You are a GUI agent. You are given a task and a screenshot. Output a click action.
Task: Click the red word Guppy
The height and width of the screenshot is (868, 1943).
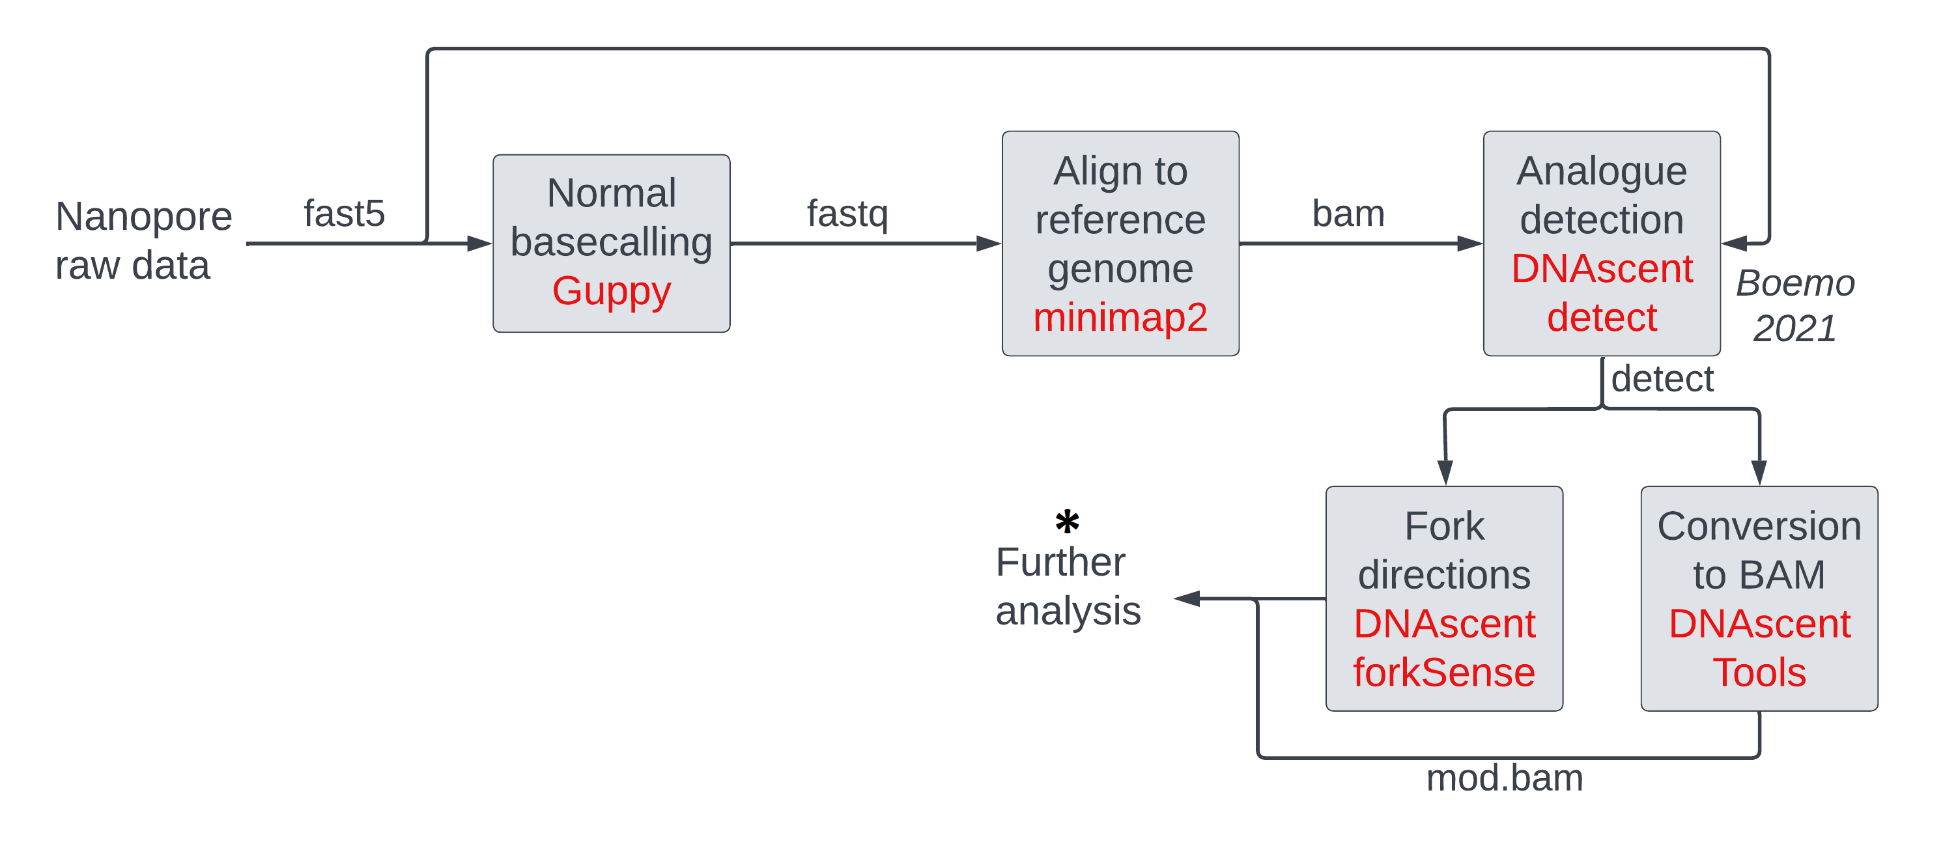click(611, 291)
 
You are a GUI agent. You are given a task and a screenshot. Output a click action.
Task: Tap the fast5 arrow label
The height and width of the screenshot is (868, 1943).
click(344, 214)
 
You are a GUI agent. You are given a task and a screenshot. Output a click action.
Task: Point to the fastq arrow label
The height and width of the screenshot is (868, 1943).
click(847, 214)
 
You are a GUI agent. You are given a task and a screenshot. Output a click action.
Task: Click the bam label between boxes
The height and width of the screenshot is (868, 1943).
click(1348, 214)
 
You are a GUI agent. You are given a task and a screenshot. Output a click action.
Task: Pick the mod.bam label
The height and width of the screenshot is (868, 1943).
click(1504, 777)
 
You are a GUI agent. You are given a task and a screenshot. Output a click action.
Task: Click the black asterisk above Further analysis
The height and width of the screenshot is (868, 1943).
click(1066, 521)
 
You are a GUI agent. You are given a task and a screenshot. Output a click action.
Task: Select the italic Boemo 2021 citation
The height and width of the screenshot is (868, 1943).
click(1794, 305)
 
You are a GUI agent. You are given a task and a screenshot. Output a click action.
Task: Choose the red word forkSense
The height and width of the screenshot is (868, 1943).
click(1443, 672)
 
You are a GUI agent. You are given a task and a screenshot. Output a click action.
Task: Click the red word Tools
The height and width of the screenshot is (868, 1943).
click(1759, 672)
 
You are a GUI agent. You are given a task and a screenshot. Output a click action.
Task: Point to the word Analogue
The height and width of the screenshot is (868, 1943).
click(1601, 171)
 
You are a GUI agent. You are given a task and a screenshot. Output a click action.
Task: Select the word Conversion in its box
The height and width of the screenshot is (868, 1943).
click(1759, 525)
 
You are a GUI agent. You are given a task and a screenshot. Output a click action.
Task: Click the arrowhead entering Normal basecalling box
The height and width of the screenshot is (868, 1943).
click(479, 243)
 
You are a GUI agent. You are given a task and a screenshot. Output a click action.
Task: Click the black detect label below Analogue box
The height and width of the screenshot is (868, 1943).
click(1662, 378)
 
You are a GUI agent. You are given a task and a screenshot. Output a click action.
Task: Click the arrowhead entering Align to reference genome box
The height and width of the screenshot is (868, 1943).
click(989, 243)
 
